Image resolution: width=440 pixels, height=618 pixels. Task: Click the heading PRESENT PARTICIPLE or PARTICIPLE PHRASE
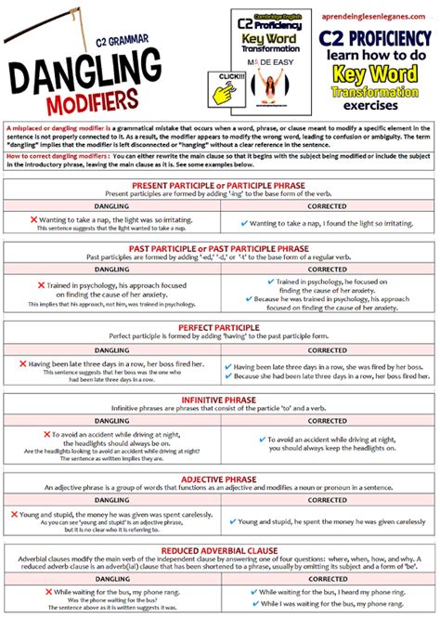pos(220,185)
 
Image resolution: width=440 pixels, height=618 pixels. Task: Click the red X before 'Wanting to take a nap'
pos(33,219)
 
